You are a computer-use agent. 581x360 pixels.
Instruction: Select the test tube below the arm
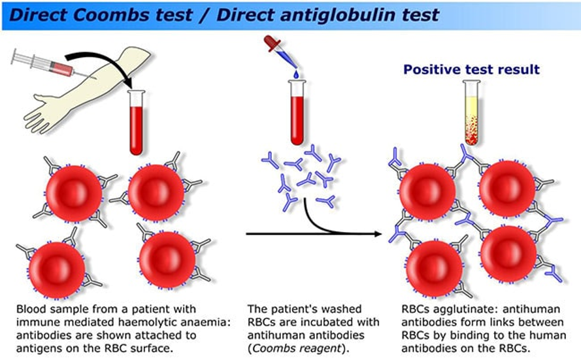137,122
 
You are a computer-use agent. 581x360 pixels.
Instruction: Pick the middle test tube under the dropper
297,111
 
